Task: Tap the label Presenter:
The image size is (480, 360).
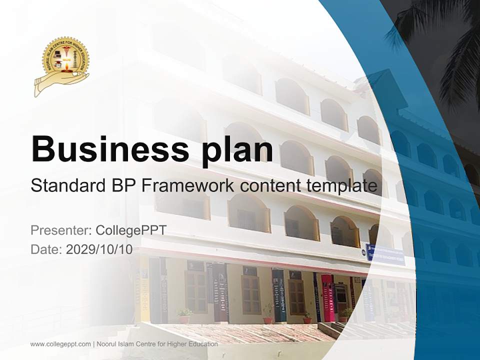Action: point(60,230)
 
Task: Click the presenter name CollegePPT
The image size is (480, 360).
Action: point(130,230)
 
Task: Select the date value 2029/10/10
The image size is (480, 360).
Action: point(99,249)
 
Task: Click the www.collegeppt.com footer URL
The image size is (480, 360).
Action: point(60,344)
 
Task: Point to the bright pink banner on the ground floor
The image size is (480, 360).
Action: point(328,298)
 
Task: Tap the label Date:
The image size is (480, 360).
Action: point(46,249)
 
